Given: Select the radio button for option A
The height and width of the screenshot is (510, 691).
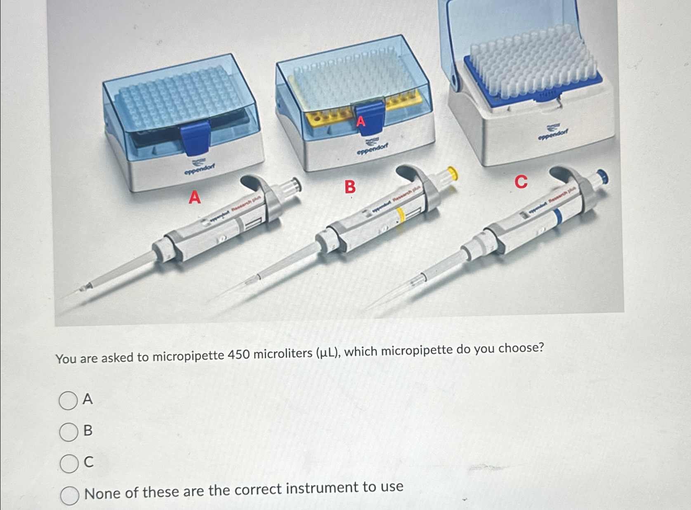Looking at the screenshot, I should click(x=68, y=400).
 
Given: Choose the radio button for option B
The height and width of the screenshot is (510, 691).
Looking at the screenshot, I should click(x=68, y=432).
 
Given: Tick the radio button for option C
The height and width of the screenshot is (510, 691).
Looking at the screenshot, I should click(x=69, y=463).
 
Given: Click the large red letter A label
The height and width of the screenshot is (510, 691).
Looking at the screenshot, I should click(x=195, y=197).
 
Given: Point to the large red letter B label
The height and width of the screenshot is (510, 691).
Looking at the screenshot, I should click(x=350, y=187).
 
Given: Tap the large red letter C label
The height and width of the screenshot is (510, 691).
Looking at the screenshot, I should click(x=521, y=181).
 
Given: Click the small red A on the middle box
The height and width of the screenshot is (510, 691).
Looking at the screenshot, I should click(x=361, y=121).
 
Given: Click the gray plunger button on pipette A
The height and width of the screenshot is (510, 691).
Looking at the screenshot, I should click(x=295, y=184).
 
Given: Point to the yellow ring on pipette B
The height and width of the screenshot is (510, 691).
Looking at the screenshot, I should click(x=400, y=216).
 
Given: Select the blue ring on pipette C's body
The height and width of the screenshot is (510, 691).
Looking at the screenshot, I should click(x=559, y=217).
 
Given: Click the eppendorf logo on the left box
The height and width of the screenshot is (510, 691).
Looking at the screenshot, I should click(x=200, y=167).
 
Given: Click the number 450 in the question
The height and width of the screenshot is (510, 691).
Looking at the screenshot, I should click(x=238, y=355).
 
